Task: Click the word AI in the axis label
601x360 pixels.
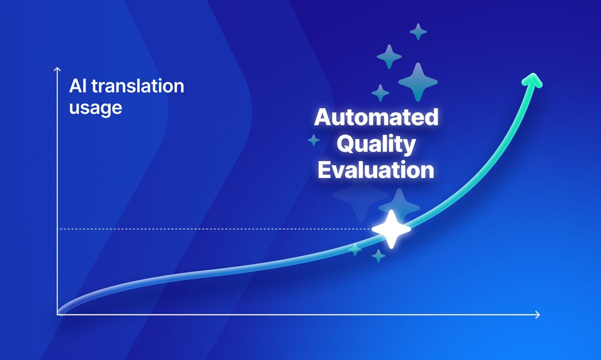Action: coord(77,86)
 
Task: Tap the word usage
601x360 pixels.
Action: coord(95,108)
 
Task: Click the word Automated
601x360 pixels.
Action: coord(376,117)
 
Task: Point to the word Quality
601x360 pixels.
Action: coord(376,145)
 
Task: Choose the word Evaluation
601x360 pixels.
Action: coord(376,170)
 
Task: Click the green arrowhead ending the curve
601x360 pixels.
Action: coord(533,80)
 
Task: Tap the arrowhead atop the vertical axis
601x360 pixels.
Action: coord(57,69)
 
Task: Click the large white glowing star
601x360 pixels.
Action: coord(391,229)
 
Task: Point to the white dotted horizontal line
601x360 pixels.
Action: coord(215,229)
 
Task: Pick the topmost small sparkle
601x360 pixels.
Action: coord(418,31)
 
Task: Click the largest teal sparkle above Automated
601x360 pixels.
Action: coord(417,82)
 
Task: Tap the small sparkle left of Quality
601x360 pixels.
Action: coord(314,140)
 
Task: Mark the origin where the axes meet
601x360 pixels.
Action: coord(57,315)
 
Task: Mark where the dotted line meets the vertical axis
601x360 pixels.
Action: coord(57,229)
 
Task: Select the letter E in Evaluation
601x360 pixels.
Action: coord(325,170)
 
